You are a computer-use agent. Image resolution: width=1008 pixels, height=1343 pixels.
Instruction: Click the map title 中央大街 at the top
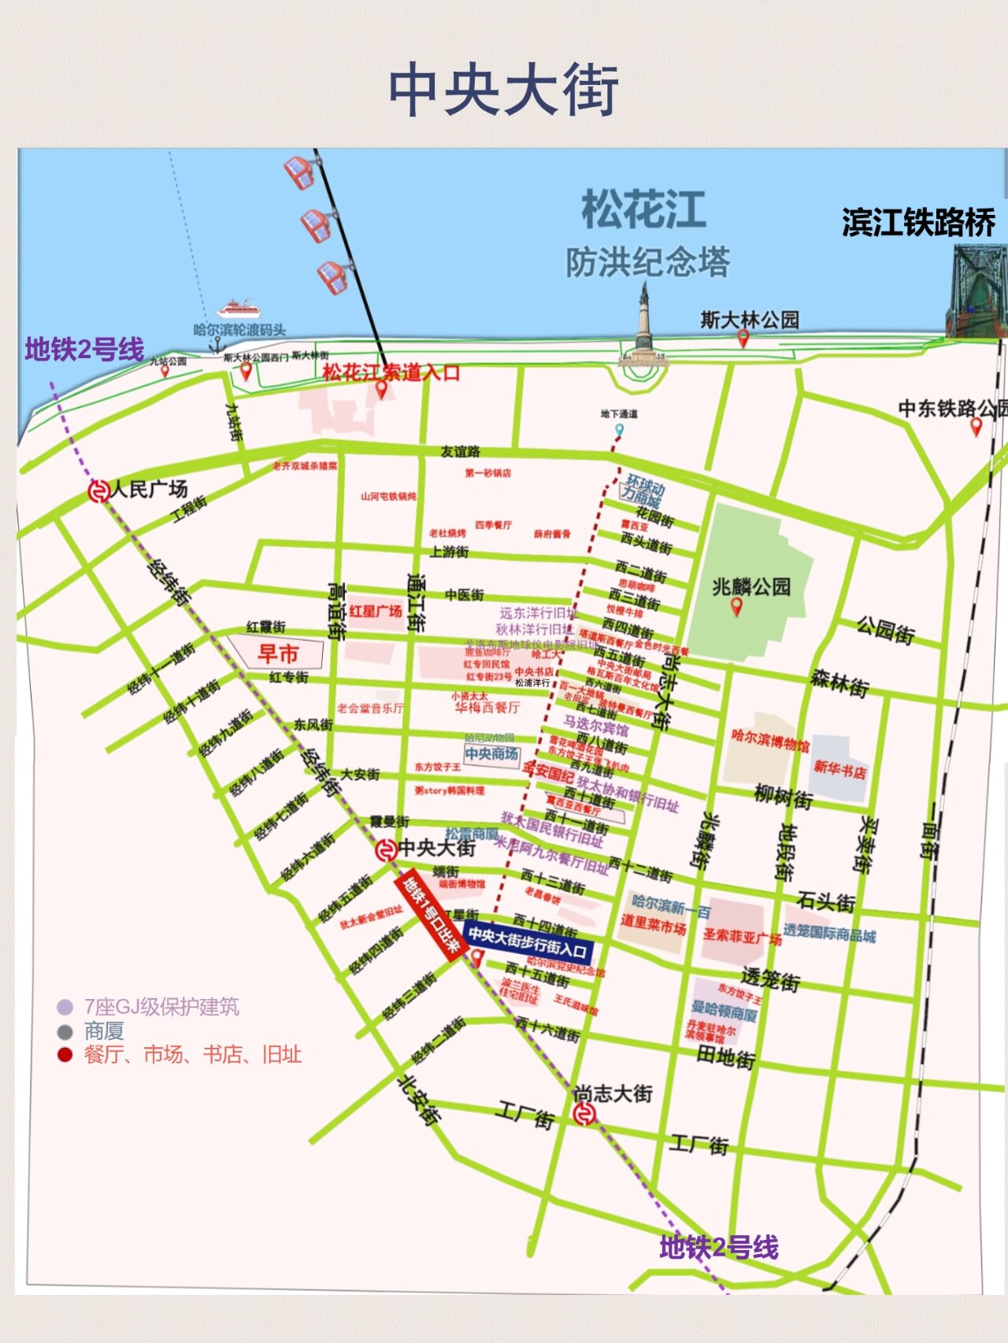coord(504,90)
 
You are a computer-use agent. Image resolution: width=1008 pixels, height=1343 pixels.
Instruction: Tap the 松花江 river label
coord(643,209)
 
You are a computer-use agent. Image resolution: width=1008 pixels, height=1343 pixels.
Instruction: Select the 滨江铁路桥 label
coord(918,223)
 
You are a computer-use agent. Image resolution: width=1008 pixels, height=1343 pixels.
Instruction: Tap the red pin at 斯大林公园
coord(743,339)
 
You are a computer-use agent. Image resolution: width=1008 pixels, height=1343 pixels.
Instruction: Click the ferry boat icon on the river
coord(237,308)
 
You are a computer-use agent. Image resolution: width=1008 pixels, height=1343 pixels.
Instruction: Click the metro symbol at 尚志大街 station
coord(584,1114)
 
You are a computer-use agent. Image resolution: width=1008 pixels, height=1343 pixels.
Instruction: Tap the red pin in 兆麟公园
coord(736,606)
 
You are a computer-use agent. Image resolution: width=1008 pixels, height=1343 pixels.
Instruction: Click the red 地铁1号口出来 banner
coord(429,916)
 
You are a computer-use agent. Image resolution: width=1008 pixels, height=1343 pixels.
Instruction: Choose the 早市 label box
coord(277,653)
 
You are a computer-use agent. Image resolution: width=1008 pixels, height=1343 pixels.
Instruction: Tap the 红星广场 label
coord(376,611)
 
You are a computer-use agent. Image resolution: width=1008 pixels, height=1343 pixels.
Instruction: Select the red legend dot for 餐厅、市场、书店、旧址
coord(65,1055)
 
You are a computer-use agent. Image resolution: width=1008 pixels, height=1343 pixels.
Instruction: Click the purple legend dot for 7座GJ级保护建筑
coord(65,1007)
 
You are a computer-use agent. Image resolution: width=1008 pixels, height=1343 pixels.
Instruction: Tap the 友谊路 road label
coord(460,451)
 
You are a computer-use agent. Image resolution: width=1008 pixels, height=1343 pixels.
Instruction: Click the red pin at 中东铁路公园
coord(976,427)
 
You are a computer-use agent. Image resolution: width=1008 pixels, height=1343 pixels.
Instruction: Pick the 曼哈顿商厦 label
coord(724,1011)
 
